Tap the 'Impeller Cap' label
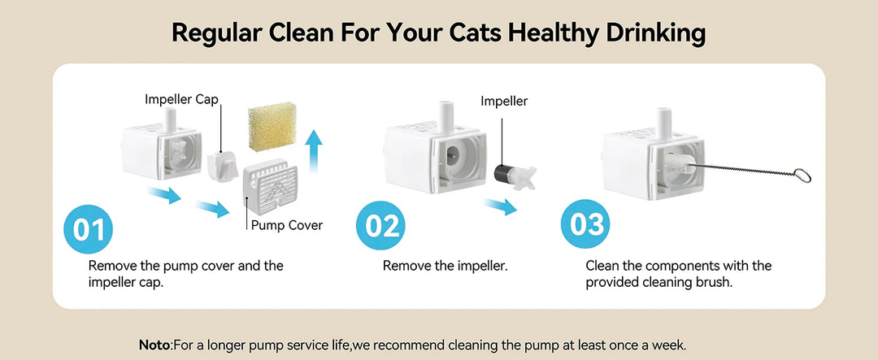181,99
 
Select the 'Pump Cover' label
287,225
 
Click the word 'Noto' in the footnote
154,345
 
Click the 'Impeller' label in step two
504,102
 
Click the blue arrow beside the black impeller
501,207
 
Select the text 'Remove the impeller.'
446,266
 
